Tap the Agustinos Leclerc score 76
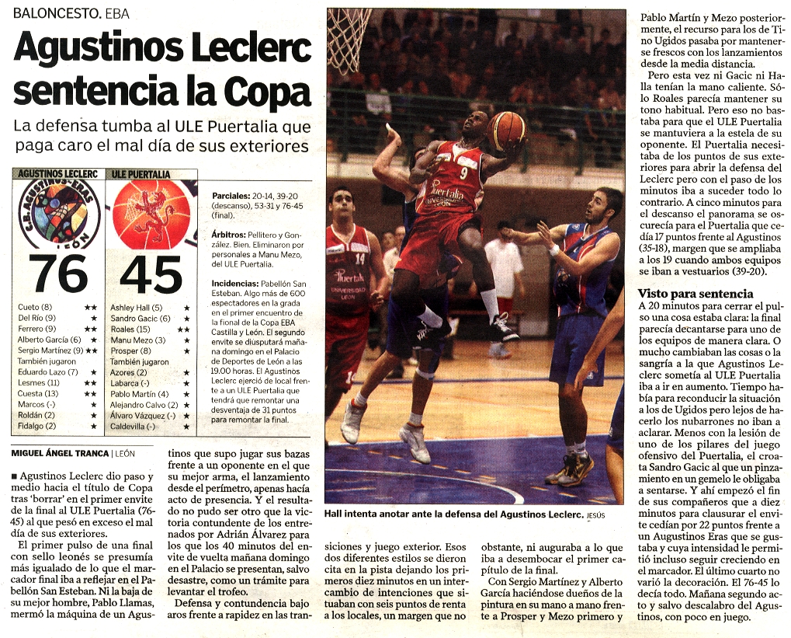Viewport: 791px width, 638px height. pos(59,274)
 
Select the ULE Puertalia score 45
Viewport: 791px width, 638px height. pos(151,274)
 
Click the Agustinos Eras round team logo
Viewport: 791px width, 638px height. pos(59,214)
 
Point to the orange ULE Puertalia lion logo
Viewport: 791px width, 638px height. pos(151,214)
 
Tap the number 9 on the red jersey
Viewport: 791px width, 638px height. pos(463,173)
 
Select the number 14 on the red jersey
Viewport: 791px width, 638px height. pos(359,258)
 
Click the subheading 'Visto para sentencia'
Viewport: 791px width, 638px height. pos(695,294)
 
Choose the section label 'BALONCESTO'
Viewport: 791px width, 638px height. pos(55,13)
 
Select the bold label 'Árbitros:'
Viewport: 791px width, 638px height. pos(229,234)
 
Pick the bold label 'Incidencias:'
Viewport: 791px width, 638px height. pos(234,284)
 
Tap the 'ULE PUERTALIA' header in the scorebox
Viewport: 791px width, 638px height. pos(139,174)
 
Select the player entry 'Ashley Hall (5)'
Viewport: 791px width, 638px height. pos(137,308)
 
